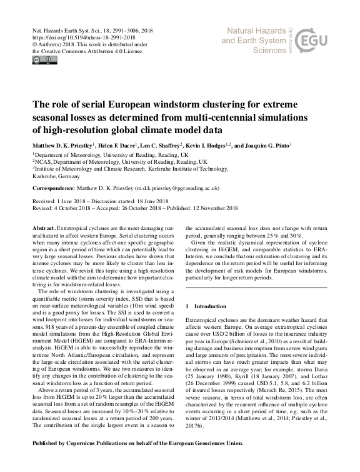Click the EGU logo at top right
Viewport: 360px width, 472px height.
pyautogui.click(x=317, y=41)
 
